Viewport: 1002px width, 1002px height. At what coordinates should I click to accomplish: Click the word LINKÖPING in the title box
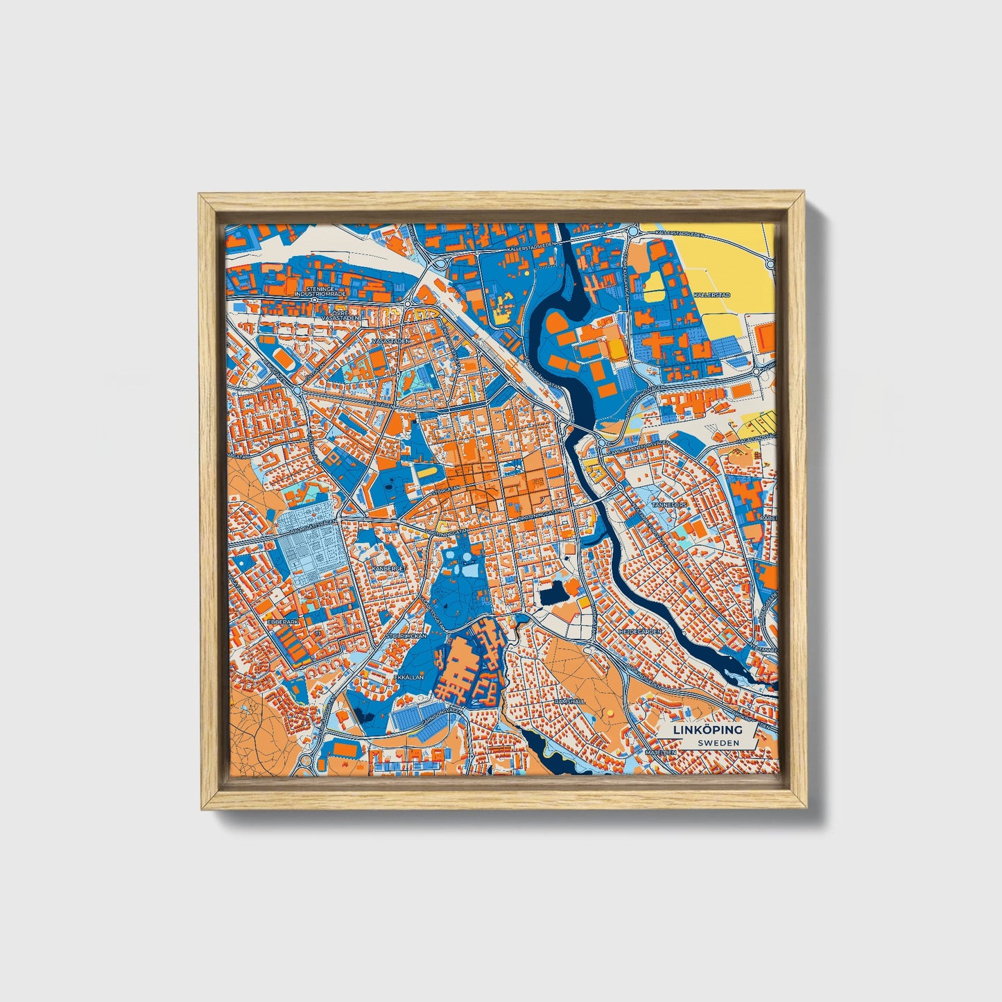(707, 730)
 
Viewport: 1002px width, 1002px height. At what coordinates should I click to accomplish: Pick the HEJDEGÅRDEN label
(644, 632)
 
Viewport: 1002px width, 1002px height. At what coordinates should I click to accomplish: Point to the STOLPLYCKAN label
(406, 634)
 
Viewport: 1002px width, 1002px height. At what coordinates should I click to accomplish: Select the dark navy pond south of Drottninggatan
(553, 594)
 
